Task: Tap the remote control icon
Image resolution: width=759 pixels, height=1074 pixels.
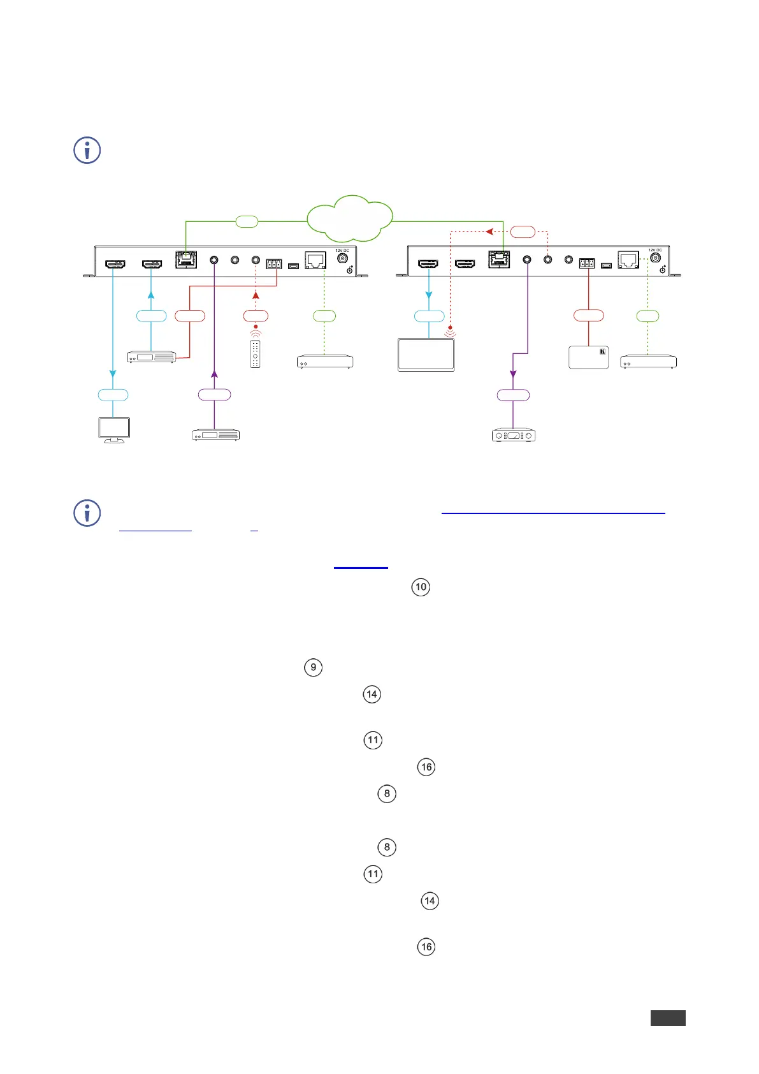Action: point(256,354)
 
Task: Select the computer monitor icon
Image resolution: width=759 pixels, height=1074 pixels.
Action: point(114,430)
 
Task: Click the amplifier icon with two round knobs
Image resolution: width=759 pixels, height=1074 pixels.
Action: point(514,436)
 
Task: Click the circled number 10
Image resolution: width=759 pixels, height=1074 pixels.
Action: point(421,587)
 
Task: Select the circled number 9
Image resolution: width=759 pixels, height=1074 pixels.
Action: point(313,667)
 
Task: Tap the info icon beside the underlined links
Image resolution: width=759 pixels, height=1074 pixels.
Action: point(87,513)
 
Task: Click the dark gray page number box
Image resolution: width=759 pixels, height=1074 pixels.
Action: point(668,1018)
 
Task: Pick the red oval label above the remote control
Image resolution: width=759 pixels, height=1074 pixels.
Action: point(256,316)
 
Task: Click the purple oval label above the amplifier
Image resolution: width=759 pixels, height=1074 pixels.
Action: point(513,395)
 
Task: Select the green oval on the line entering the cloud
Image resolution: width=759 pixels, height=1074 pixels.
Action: point(247,221)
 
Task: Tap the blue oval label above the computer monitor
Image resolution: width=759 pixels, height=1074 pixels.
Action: point(113,395)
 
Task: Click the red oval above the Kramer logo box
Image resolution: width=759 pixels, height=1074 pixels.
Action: point(588,315)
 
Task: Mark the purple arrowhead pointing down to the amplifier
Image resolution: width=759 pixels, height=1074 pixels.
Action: point(513,374)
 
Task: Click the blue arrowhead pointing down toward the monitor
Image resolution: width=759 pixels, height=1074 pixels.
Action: point(113,374)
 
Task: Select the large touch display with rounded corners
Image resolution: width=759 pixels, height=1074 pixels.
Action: point(426,355)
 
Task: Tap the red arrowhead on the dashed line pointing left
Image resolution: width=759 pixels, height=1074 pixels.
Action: point(488,232)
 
